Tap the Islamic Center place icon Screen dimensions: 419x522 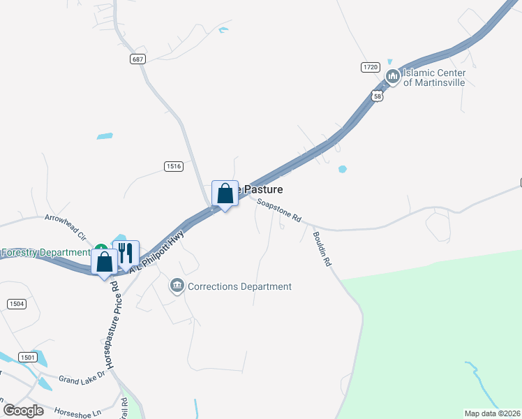point(392,76)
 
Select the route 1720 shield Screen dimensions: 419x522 point(370,67)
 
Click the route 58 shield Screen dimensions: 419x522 point(378,96)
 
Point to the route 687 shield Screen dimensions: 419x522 point(137,59)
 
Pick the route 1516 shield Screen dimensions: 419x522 point(174,166)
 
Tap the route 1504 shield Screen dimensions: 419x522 point(16,304)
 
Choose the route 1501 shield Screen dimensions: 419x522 point(28,357)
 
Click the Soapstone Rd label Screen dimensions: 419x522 point(278,210)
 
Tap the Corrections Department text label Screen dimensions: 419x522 point(240,286)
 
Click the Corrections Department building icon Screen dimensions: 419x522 point(177,286)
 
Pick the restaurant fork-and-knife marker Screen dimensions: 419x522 point(126,252)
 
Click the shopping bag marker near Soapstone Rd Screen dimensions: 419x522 point(225,193)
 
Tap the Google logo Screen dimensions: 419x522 point(24,410)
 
